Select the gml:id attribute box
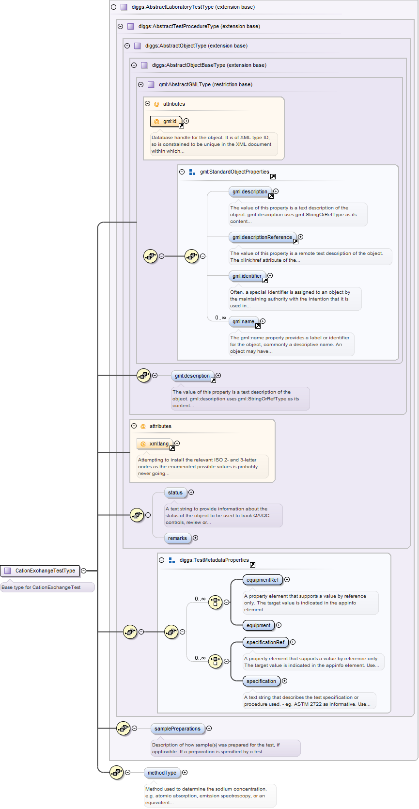[x=166, y=121]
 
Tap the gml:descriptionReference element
[x=262, y=238]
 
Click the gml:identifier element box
[x=247, y=276]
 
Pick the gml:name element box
[x=243, y=322]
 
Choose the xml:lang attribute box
[x=155, y=444]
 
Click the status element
[x=175, y=493]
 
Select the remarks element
[x=177, y=539]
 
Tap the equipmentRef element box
[x=263, y=580]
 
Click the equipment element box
[x=258, y=626]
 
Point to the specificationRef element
[x=265, y=643]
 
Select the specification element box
[x=261, y=682]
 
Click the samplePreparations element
[x=177, y=729]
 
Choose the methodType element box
[x=162, y=773]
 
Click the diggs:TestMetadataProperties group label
[x=214, y=560]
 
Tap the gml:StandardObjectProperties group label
[x=234, y=172]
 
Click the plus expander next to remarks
[x=196, y=538]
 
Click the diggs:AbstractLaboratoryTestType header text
[x=193, y=7]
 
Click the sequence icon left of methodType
[x=117, y=773]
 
